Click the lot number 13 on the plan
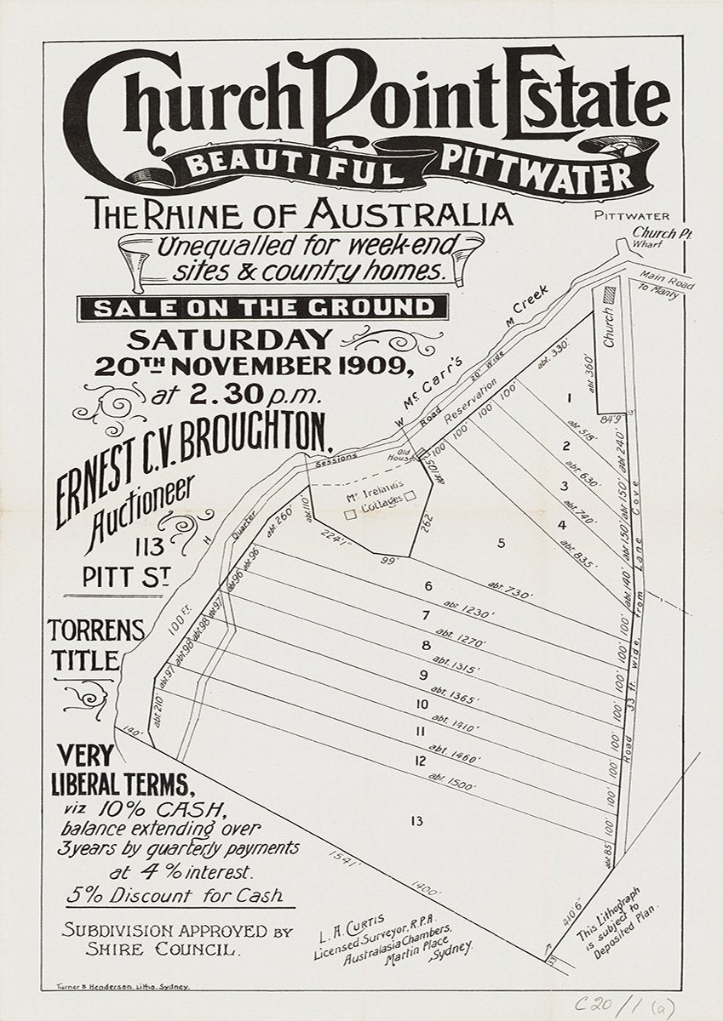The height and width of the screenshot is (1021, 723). [416, 821]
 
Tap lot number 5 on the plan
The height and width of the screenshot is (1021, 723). [502, 543]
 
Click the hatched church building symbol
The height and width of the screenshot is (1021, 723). [607, 292]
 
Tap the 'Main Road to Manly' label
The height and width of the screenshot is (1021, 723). [668, 283]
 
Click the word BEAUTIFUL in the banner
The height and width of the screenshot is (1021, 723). [293, 163]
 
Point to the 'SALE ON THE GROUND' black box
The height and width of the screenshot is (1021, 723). [261, 307]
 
